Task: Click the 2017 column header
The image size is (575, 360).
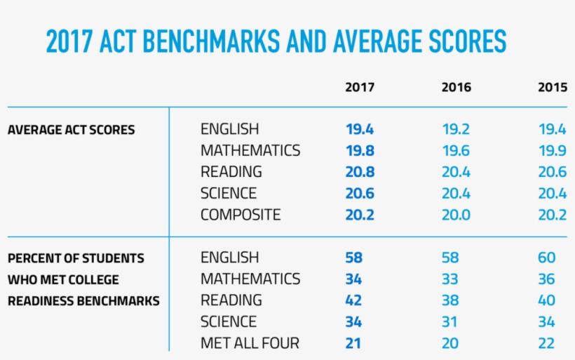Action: [x=360, y=88]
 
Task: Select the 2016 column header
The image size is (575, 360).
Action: [x=456, y=88]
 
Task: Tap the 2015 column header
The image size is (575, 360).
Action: [x=552, y=88]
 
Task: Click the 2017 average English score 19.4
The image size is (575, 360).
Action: [x=360, y=130]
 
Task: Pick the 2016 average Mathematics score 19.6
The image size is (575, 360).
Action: [x=456, y=151]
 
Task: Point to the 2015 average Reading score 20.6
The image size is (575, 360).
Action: [x=552, y=172]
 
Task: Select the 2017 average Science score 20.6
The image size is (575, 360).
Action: [x=360, y=194]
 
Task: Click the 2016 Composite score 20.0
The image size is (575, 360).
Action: [x=456, y=215]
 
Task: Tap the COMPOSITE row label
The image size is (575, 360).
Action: [x=240, y=215]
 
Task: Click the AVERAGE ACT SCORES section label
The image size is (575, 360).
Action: [x=71, y=130]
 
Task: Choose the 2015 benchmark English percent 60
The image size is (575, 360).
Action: [x=546, y=258]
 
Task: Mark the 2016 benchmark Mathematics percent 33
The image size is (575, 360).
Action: [x=449, y=279]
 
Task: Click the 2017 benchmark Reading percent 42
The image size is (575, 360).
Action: [x=353, y=300]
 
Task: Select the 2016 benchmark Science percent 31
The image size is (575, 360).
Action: [x=449, y=322]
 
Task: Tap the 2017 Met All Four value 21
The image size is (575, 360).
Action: [x=353, y=343]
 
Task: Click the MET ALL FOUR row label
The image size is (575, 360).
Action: [x=250, y=343]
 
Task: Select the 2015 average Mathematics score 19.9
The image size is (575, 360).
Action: [x=552, y=151]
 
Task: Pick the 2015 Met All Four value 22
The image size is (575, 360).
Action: [x=546, y=343]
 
